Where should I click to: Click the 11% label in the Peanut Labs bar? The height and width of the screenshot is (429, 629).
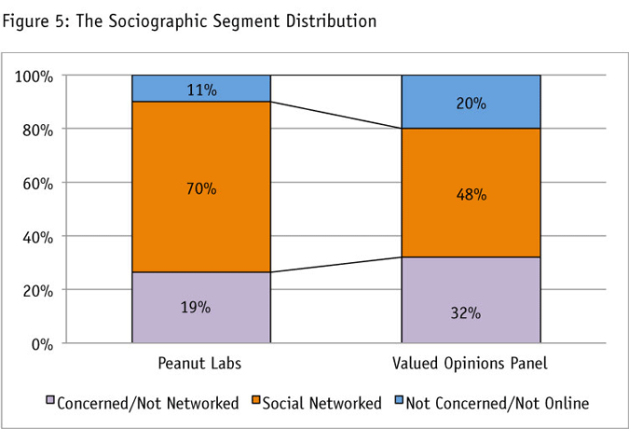tap(201, 90)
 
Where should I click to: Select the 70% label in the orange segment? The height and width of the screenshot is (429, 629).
tap(201, 189)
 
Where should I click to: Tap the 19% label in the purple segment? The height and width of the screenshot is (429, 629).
tap(201, 308)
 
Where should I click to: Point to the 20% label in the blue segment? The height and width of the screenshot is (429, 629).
tap(471, 104)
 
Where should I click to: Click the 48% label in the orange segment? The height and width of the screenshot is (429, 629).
tap(471, 195)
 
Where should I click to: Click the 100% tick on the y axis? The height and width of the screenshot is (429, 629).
tap(34, 76)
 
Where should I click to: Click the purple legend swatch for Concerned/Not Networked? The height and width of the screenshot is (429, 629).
tap(50, 402)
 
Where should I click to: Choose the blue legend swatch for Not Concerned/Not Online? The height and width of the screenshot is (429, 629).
tap(398, 402)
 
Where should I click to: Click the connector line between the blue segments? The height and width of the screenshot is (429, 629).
tap(335, 115)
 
